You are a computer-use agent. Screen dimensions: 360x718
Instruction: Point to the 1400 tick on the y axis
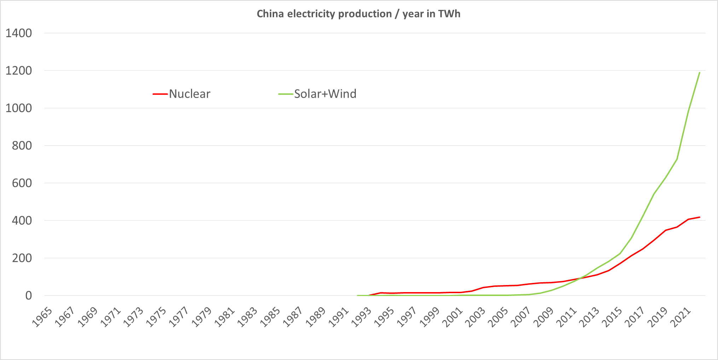click(19, 33)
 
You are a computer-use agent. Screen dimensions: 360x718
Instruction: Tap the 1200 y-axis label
click(19, 71)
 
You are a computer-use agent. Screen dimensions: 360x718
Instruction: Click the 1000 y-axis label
click(19, 108)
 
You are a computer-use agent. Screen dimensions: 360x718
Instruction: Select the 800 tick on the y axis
click(22, 146)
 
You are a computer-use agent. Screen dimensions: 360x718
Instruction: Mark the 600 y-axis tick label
click(22, 183)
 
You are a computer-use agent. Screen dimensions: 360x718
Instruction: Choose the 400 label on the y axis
click(22, 221)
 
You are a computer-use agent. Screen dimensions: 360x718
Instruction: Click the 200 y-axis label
click(22, 258)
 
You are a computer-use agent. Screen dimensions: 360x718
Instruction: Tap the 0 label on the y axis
click(29, 296)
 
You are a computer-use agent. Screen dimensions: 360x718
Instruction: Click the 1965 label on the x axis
click(42, 317)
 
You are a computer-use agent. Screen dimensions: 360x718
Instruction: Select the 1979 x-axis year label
click(201, 317)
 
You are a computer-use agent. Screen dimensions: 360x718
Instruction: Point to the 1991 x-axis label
click(338, 317)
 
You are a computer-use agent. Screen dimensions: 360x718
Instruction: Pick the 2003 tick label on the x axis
click(474, 317)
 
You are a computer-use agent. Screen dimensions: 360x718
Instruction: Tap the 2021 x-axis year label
click(679, 317)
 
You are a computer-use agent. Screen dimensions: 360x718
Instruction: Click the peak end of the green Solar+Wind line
click(700, 72)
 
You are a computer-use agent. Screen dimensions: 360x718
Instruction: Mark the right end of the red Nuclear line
click(700, 217)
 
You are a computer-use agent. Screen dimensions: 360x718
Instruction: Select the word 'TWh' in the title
click(449, 14)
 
